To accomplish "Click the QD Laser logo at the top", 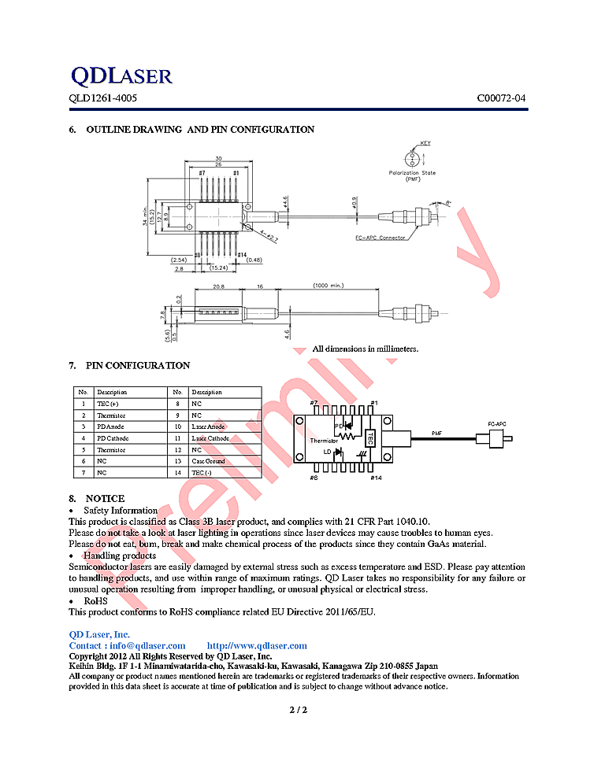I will (x=121, y=76).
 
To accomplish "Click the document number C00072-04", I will (x=500, y=99).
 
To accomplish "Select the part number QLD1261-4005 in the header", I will (x=102, y=99).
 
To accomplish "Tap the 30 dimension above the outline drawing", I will (x=218, y=157).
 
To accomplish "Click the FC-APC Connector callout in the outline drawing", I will (x=380, y=238).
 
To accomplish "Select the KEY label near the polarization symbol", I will (x=425, y=143).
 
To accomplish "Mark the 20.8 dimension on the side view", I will (x=218, y=286).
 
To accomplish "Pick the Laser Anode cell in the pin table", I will (x=208, y=426).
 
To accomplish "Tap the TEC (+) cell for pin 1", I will (x=108, y=404).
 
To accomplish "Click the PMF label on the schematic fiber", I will (x=437, y=433).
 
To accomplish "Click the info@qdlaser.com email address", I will (x=144, y=645).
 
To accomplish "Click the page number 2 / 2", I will (x=297, y=711).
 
